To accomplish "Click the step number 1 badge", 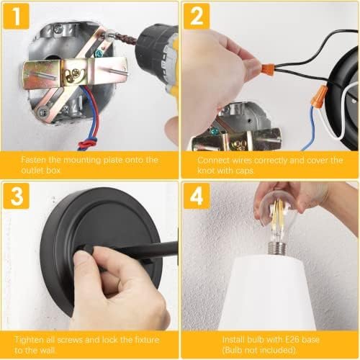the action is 17,17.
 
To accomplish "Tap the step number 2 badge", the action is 197,17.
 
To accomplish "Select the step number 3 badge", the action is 17,196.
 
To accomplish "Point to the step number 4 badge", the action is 197,196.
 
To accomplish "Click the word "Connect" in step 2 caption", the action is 213,160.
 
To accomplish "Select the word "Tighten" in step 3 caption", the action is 30,340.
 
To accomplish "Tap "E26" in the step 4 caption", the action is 284,340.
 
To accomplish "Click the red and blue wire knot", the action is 88,144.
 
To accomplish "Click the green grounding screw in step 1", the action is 99,53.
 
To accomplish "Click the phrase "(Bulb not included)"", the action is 259,350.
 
